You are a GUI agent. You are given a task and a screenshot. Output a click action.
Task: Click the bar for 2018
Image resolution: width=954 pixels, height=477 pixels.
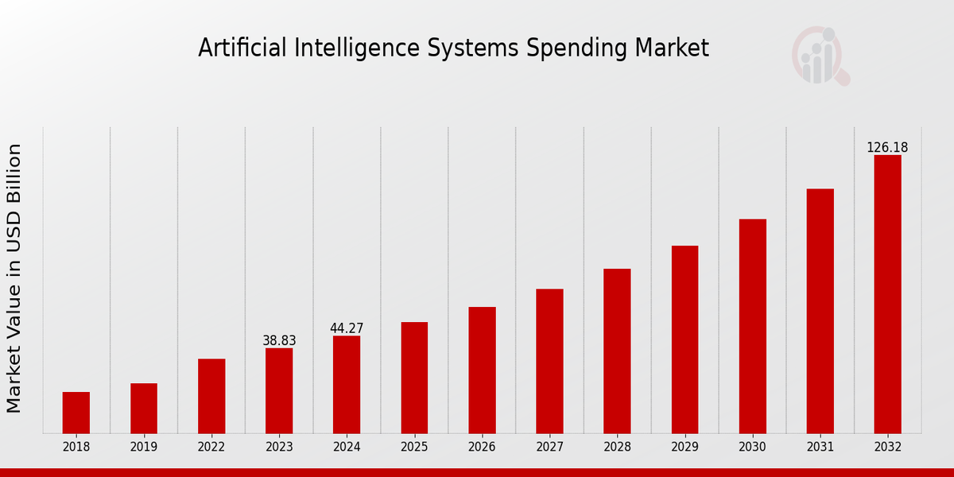pos(76,413)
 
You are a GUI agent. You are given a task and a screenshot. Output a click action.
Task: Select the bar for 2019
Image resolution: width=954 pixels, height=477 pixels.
pos(144,409)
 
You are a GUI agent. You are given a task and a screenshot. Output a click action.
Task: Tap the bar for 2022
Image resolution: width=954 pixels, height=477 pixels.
pos(211,396)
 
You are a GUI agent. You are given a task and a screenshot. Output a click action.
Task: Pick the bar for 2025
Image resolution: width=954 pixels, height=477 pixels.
pos(414,378)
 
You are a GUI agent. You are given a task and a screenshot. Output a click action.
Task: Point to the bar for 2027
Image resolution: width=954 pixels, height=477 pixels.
pos(549,361)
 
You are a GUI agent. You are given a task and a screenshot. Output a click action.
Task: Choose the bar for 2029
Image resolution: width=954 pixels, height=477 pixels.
pos(684,339)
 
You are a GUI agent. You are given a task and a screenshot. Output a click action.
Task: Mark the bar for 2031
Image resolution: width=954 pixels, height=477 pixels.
pos(820,311)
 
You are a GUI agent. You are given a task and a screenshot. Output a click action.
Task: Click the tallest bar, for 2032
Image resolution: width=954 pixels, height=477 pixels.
pos(887,294)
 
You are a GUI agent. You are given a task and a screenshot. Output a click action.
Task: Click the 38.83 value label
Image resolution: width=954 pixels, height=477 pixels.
pos(279,341)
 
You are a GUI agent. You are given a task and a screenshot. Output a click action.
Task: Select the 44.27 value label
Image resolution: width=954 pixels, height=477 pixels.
pos(347,328)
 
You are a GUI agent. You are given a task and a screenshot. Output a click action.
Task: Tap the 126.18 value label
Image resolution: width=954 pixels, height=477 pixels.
pos(887,148)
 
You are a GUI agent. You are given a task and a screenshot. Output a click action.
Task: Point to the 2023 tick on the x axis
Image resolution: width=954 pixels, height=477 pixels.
pos(279,447)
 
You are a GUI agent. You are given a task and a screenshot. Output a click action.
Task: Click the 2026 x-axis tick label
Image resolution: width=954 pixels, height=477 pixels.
pos(482,447)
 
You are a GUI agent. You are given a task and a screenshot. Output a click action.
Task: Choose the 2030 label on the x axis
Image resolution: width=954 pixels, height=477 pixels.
pos(752,447)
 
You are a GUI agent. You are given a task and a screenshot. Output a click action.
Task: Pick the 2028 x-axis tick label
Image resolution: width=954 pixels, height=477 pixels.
pos(617,447)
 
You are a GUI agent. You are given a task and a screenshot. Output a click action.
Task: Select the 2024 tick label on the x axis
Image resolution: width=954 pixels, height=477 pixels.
pos(347,447)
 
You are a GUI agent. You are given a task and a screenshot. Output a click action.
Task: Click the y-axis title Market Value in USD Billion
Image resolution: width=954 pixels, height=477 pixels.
pos(14,278)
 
